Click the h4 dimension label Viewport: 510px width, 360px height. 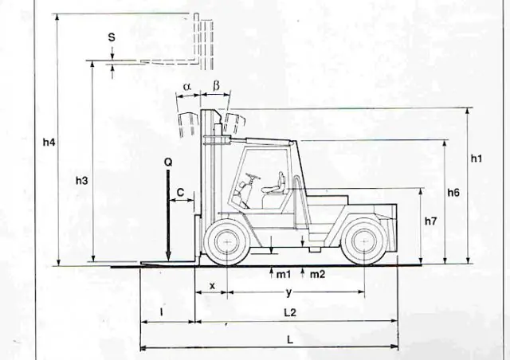(x=49, y=142)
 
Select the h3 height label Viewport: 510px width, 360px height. (x=81, y=181)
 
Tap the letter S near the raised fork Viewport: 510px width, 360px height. (x=112, y=37)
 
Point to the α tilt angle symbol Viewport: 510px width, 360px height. (x=186, y=87)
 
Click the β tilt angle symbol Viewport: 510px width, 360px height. (x=216, y=85)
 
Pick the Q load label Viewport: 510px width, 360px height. (x=168, y=162)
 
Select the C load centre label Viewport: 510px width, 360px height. (x=180, y=192)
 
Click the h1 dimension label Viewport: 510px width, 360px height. (x=477, y=158)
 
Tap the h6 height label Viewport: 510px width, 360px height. (x=453, y=193)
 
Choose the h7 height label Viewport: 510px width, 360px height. (x=430, y=221)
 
